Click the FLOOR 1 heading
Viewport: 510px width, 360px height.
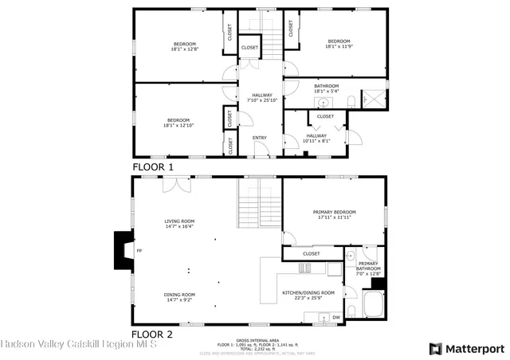coord(153,167)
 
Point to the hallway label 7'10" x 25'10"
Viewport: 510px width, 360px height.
coord(261,98)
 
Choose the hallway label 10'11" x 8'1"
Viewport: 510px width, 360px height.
coord(316,139)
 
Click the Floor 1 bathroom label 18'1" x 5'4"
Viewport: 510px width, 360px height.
coord(327,88)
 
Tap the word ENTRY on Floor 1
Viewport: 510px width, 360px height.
coord(260,138)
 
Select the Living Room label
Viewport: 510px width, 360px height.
coord(179,224)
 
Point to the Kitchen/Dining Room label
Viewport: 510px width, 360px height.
coord(308,295)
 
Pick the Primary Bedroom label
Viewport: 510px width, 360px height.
coord(336,214)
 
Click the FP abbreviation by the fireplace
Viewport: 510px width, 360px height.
coord(139,252)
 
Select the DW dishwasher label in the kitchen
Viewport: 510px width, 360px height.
coord(336,316)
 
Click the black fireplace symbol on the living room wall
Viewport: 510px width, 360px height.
coord(124,251)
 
